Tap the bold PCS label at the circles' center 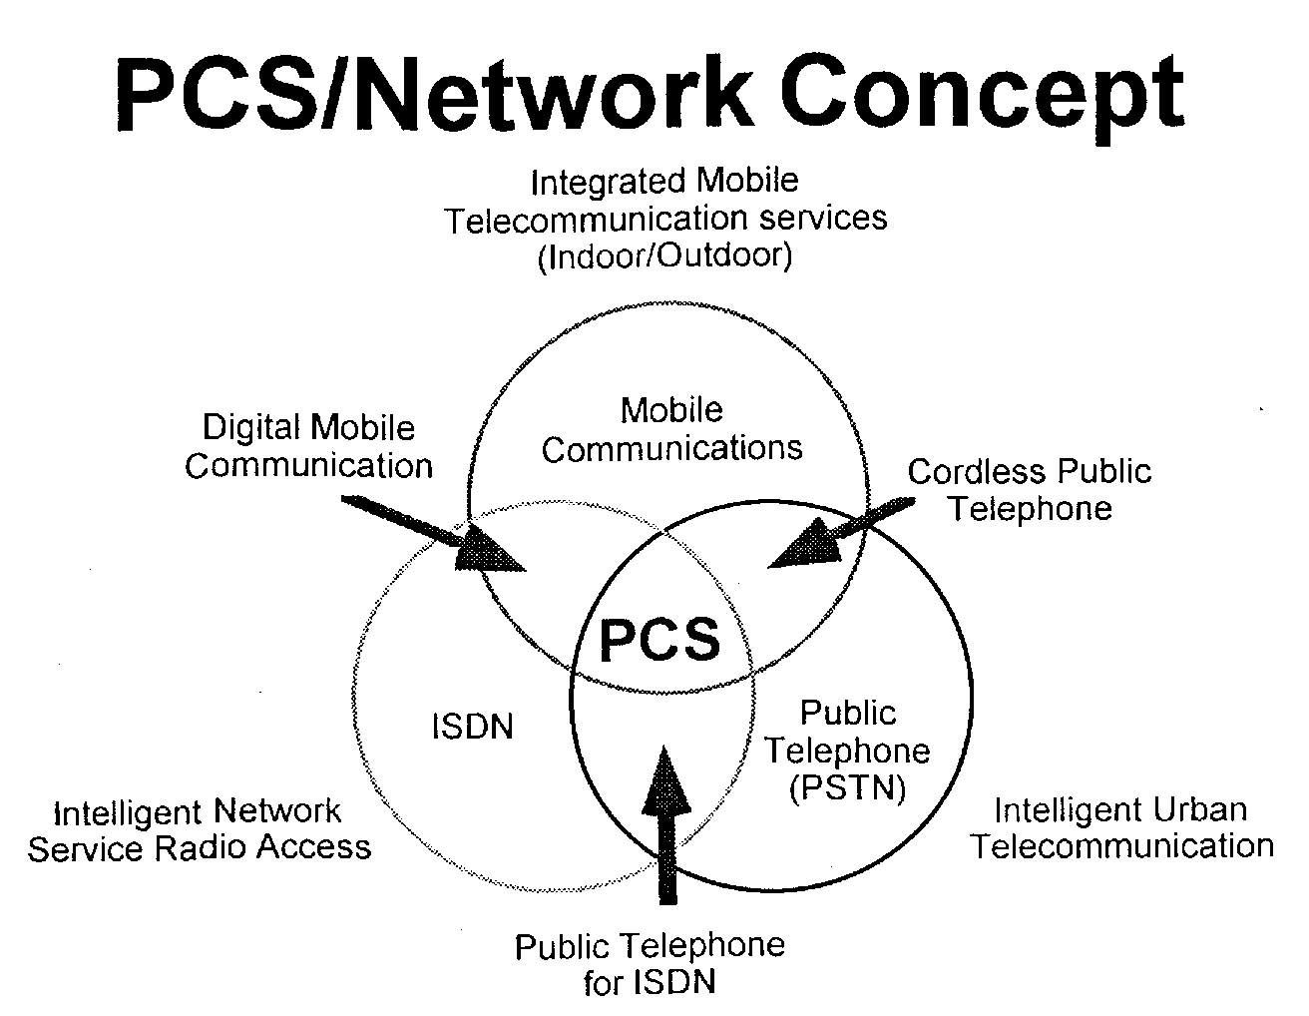tap(659, 639)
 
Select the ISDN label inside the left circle tap(472, 727)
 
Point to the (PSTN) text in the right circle tap(848, 788)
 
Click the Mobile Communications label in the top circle tap(671, 429)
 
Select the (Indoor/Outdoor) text tap(664, 256)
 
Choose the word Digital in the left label tap(251, 428)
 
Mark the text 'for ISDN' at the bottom tap(650, 982)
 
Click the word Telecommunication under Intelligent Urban tap(1122, 846)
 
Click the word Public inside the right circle tap(848, 713)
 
